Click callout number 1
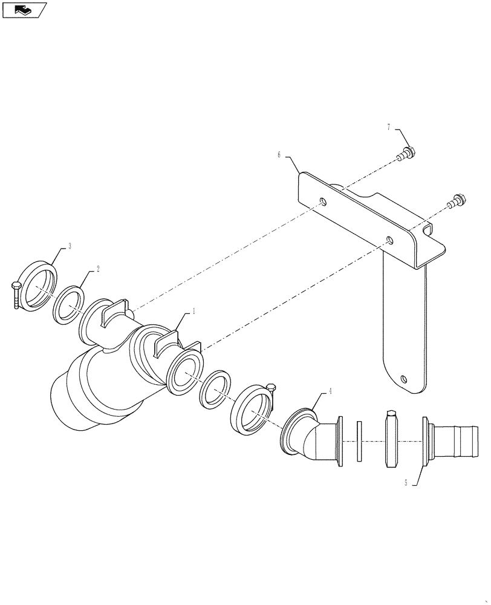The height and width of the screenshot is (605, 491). [x=193, y=311]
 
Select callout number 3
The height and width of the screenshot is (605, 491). [x=70, y=246]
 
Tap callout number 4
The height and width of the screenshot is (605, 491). [x=331, y=391]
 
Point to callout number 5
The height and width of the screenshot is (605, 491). [x=406, y=483]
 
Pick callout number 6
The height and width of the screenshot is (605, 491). [x=279, y=155]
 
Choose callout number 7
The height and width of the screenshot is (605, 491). [x=389, y=127]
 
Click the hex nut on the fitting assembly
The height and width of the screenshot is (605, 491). [x=391, y=439]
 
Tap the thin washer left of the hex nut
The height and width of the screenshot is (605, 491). [x=359, y=442]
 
